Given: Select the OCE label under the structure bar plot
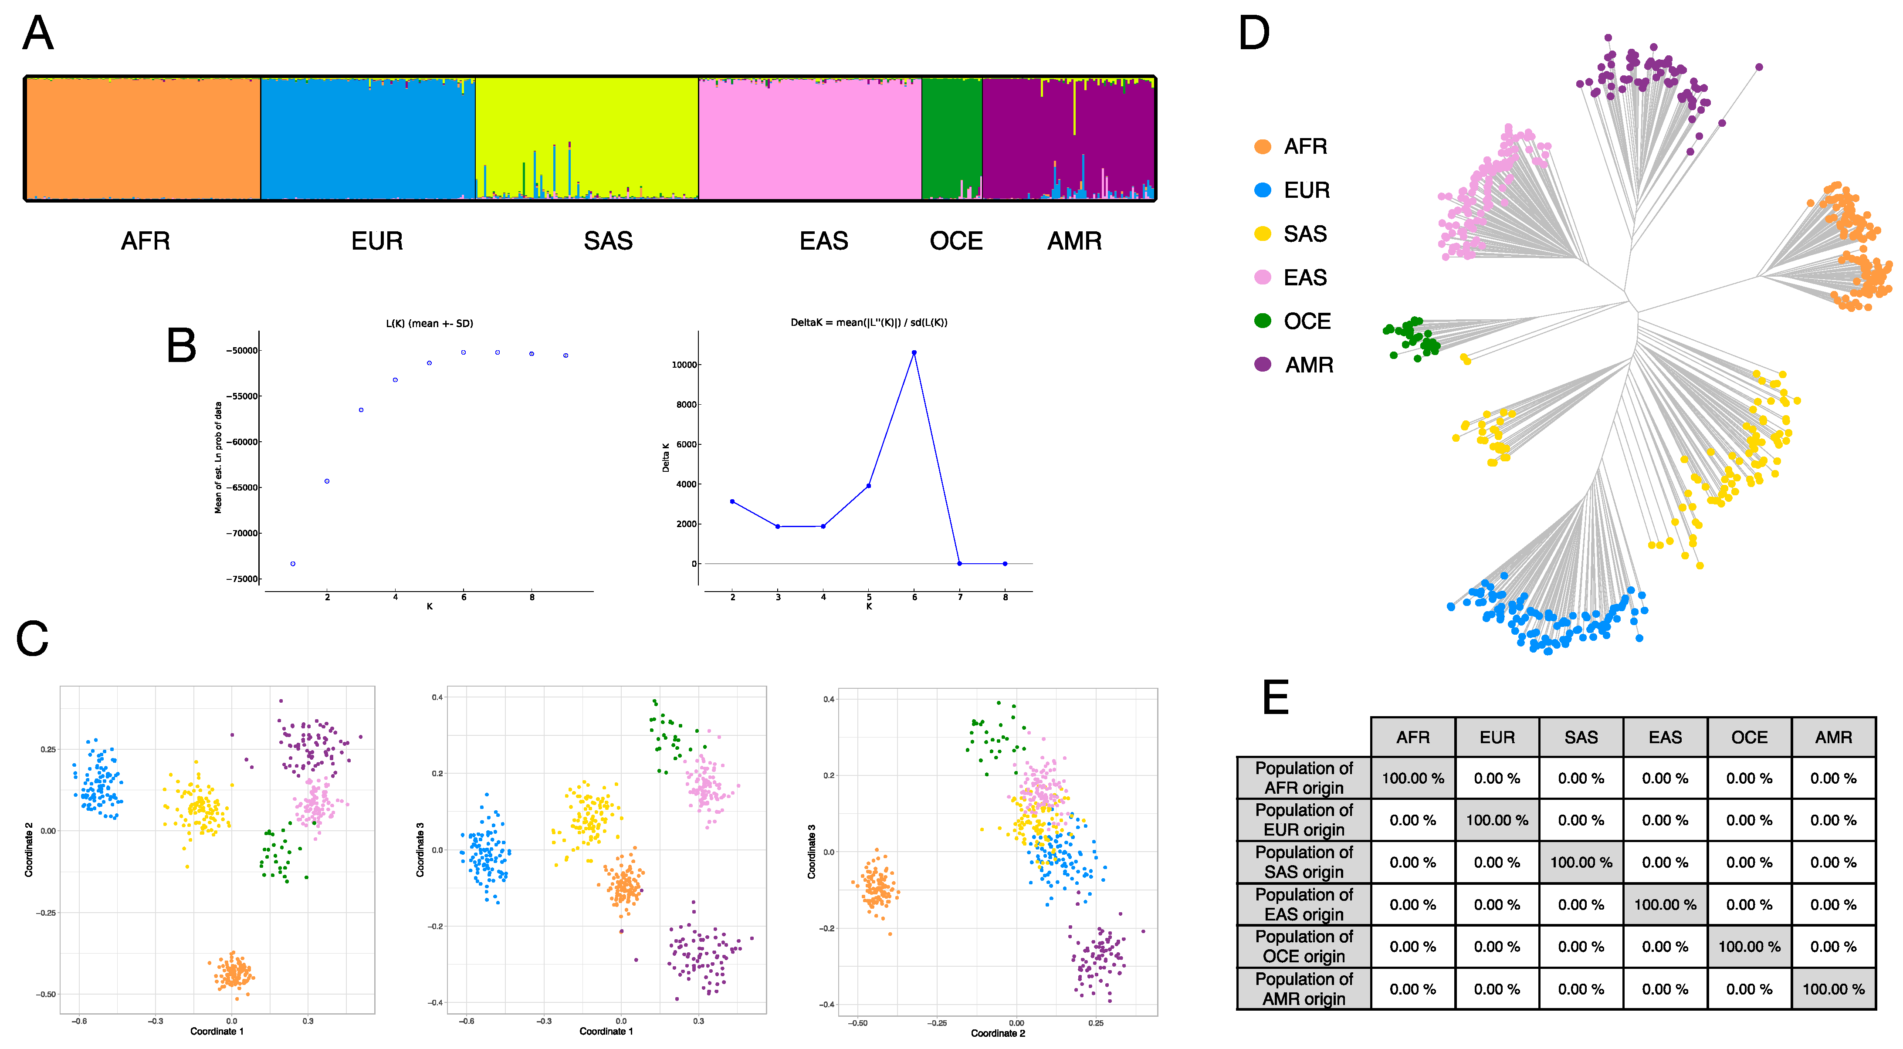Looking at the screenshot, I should click(x=956, y=242).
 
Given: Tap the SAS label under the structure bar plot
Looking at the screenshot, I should click(x=608, y=242).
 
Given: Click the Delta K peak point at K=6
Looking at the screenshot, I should click(x=914, y=353).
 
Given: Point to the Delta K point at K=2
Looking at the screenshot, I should click(x=732, y=501).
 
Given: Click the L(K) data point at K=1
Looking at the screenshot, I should click(x=293, y=564).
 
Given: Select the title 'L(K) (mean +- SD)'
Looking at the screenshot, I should click(x=429, y=324).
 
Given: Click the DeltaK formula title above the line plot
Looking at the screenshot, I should click(x=869, y=323).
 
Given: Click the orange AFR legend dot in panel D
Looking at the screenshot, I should click(x=1263, y=147).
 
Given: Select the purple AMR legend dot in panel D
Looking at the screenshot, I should click(x=1263, y=364).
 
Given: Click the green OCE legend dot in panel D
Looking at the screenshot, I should click(x=1263, y=321).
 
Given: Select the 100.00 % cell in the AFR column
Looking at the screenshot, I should click(x=1412, y=778).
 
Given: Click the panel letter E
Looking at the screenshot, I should click(x=1276, y=698).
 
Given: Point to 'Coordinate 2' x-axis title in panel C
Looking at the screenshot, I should click(x=997, y=1033).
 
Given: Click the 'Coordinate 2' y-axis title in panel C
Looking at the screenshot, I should click(x=29, y=849).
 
